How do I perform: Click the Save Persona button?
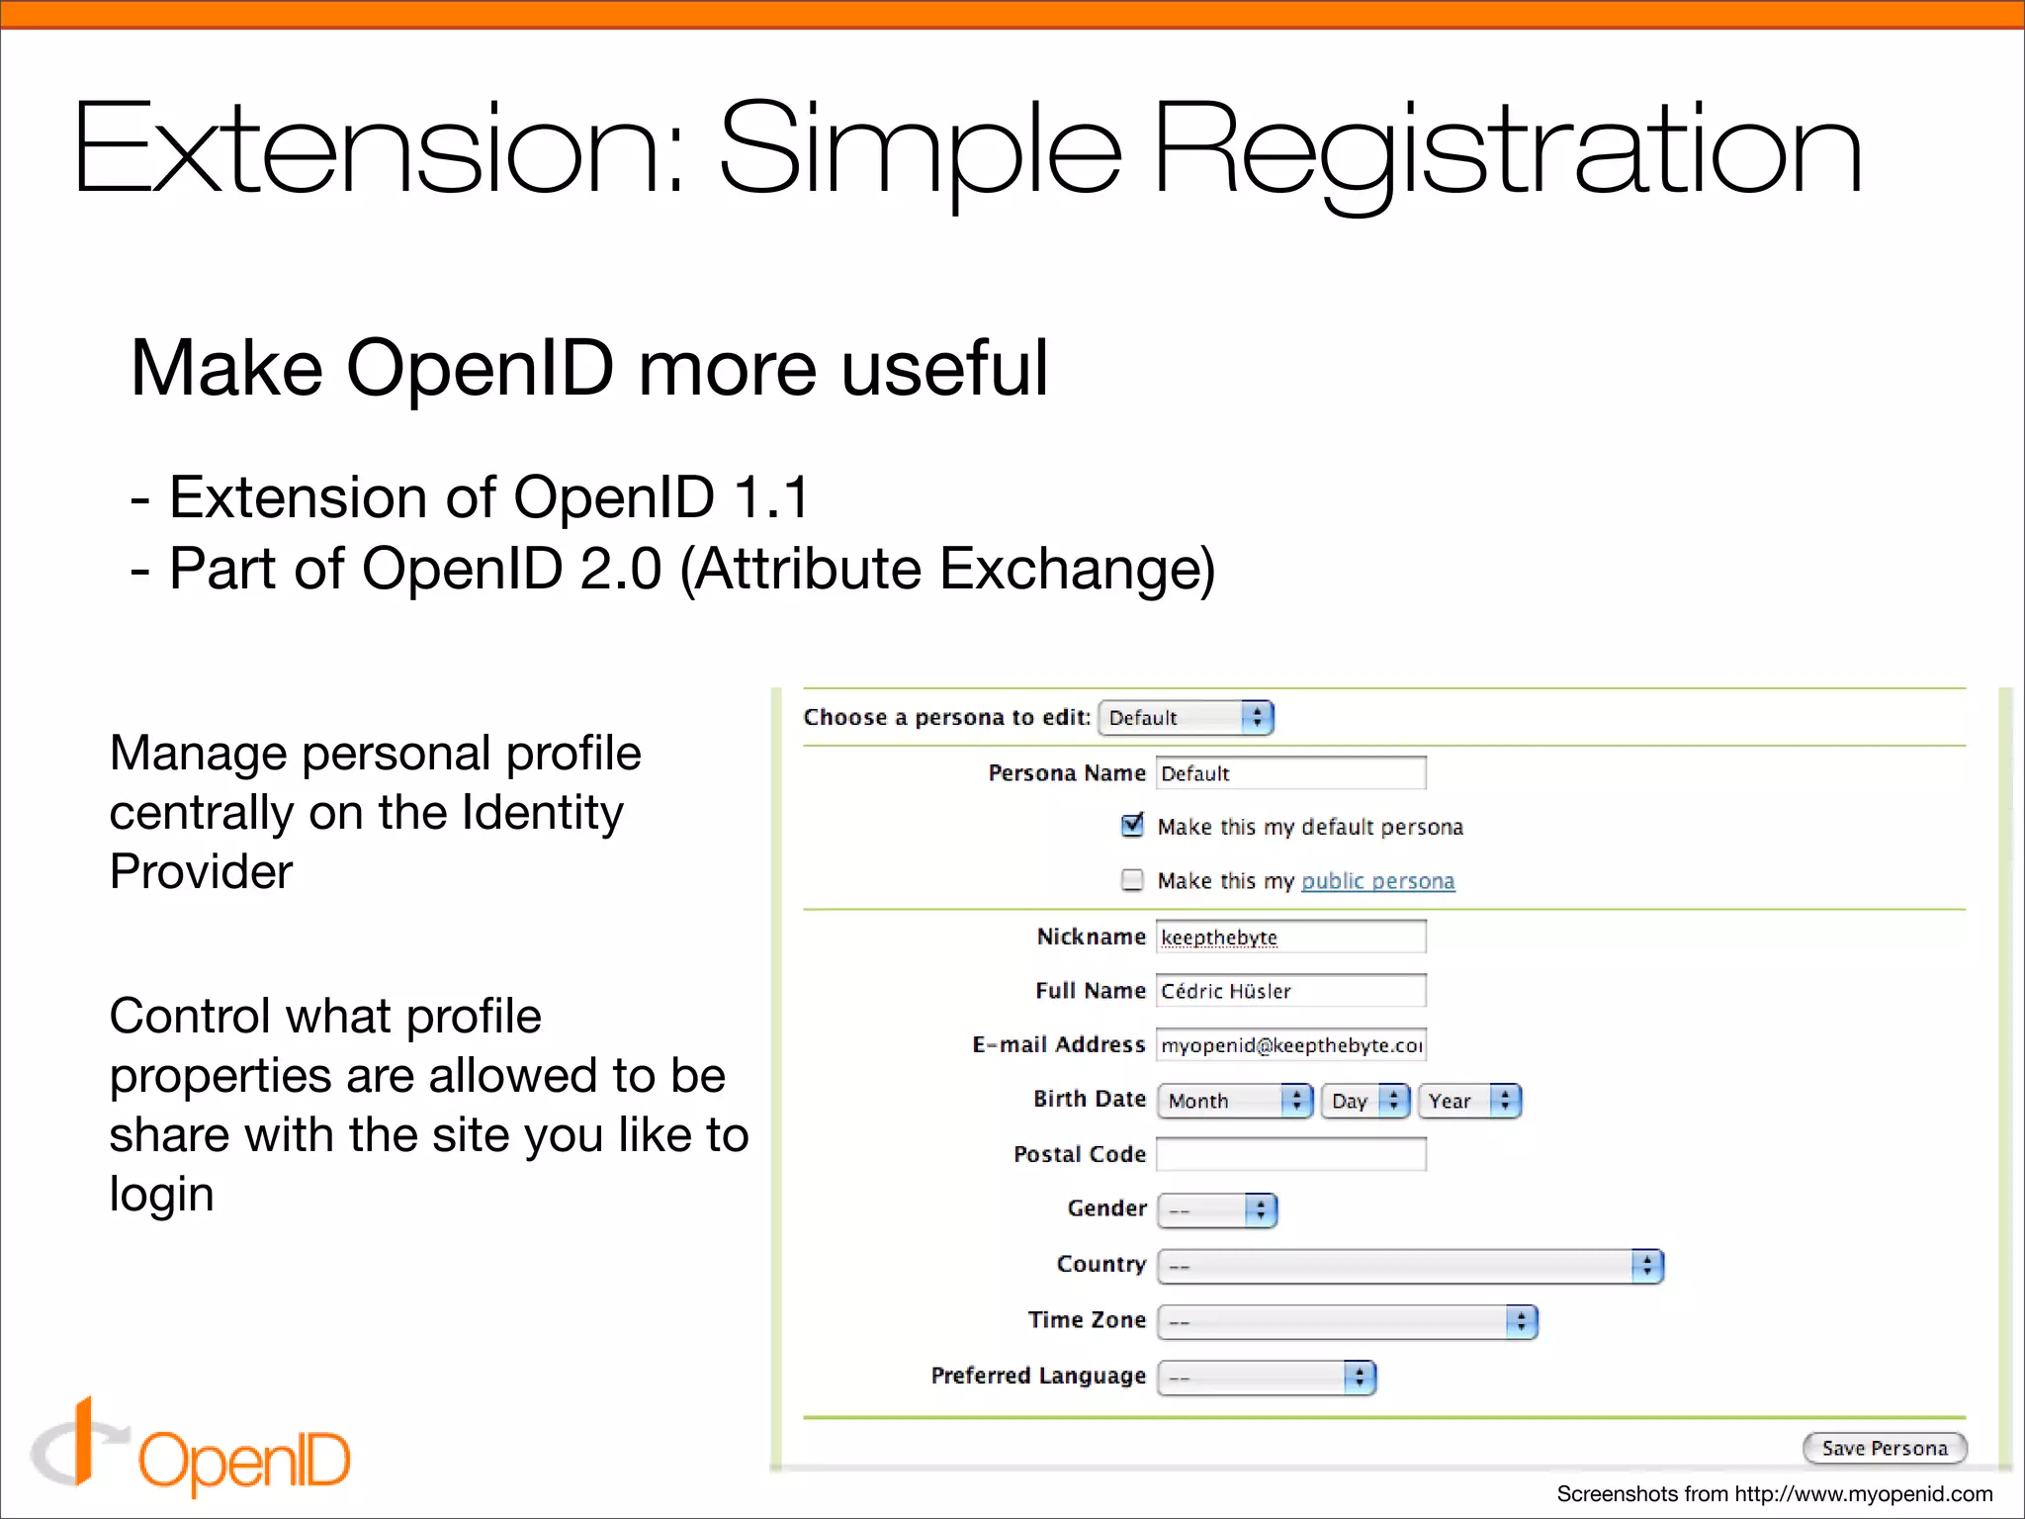[1885, 1449]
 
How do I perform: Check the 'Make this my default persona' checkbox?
[1133, 825]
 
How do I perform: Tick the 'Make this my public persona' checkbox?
[1133, 879]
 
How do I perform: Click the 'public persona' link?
[1377, 881]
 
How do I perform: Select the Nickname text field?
[1290, 937]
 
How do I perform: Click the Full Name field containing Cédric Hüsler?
[1290, 991]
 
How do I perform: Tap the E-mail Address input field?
[1290, 1045]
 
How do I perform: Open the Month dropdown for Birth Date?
[1235, 1101]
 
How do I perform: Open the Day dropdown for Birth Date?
[1365, 1101]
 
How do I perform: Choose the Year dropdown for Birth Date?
[1469, 1101]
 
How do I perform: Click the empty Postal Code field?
[1290, 1154]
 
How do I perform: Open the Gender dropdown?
[1217, 1209]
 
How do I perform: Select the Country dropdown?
[1410, 1266]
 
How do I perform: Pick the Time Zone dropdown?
[1347, 1321]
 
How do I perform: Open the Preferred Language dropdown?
[1267, 1377]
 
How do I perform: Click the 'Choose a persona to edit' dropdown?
[1186, 718]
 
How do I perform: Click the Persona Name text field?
[1290, 773]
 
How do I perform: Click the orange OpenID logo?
[192, 1450]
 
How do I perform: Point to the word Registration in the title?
[1507, 153]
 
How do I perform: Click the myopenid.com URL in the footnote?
[1863, 1494]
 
